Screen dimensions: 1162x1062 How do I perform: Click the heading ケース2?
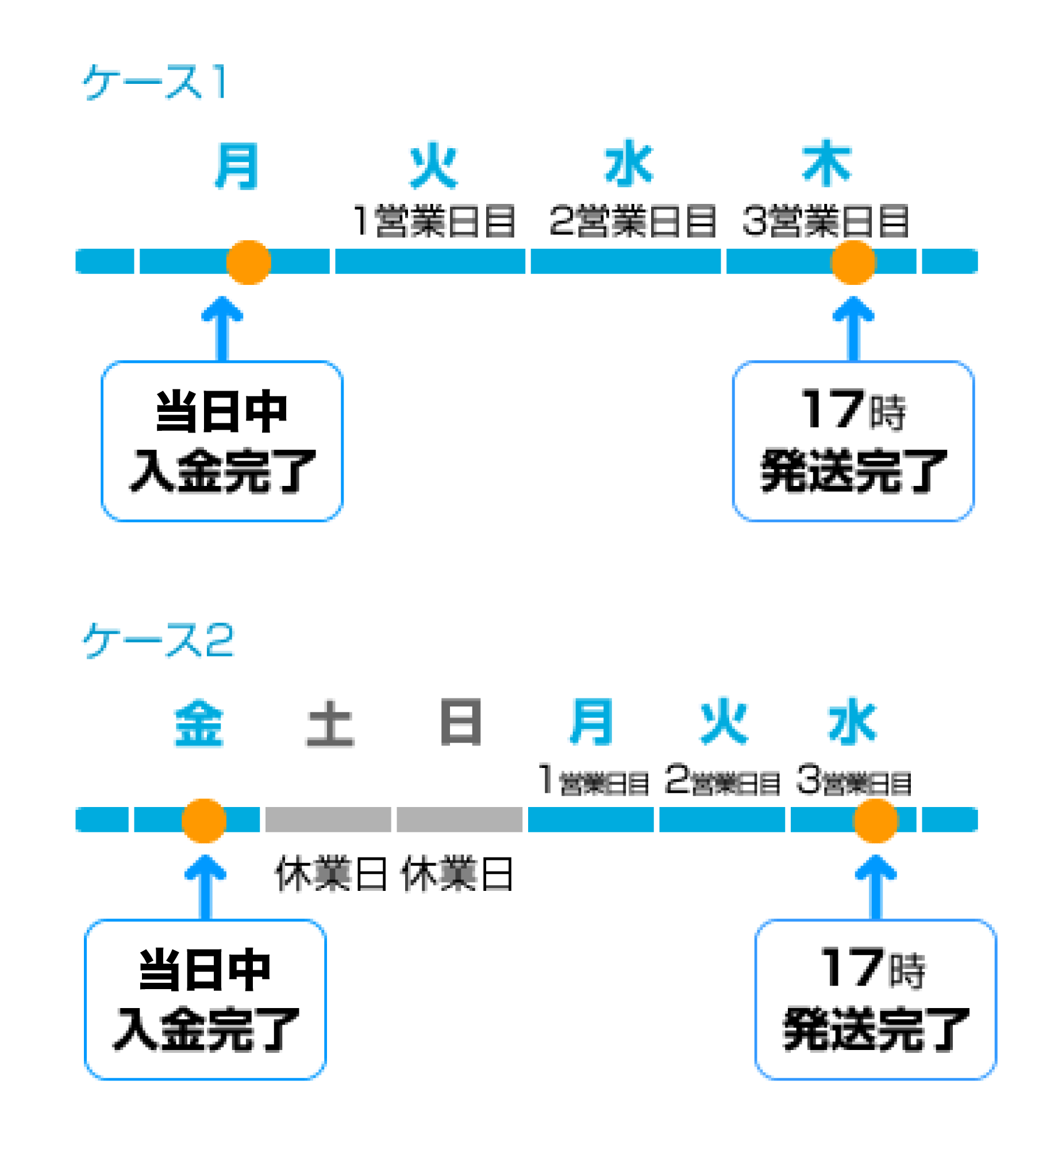pyautogui.click(x=159, y=640)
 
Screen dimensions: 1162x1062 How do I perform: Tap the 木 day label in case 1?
pyautogui.click(x=826, y=164)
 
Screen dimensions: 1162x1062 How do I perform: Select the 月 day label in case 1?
pyautogui.click(x=236, y=166)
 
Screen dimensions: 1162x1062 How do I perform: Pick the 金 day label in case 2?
pyautogui.click(x=199, y=723)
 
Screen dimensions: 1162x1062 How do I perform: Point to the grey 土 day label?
pyautogui.click(x=330, y=723)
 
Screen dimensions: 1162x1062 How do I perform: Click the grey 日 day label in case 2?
pyautogui.click(x=461, y=722)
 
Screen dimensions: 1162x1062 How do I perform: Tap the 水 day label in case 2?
pyautogui.click(x=852, y=722)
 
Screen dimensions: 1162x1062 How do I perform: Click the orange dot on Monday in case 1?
pyautogui.click(x=248, y=262)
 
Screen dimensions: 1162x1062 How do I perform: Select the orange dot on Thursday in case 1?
pyautogui.click(x=853, y=262)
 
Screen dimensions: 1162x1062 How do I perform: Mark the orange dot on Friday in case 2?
pyautogui.click(x=203, y=821)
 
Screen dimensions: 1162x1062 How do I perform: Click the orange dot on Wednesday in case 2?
pyautogui.click(x=875, y=821)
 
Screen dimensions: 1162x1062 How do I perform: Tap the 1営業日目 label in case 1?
pyautogui.click(x=434, y=221)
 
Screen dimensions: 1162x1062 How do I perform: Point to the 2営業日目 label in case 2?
pyautogui.click(x=722, y=781)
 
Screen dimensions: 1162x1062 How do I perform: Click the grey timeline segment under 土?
pyautogui.click(x=328, y=820)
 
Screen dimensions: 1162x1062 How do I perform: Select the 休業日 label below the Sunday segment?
pyautogui.click(x=457, y=874)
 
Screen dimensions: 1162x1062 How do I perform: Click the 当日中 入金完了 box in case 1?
pyautogui.click(x=222, y=441)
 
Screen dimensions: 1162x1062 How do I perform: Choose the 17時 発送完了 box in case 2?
pyautogui.click(x=875, y=1000)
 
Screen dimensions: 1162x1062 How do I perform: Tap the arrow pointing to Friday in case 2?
pyautogui.click(x=205, y=887)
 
